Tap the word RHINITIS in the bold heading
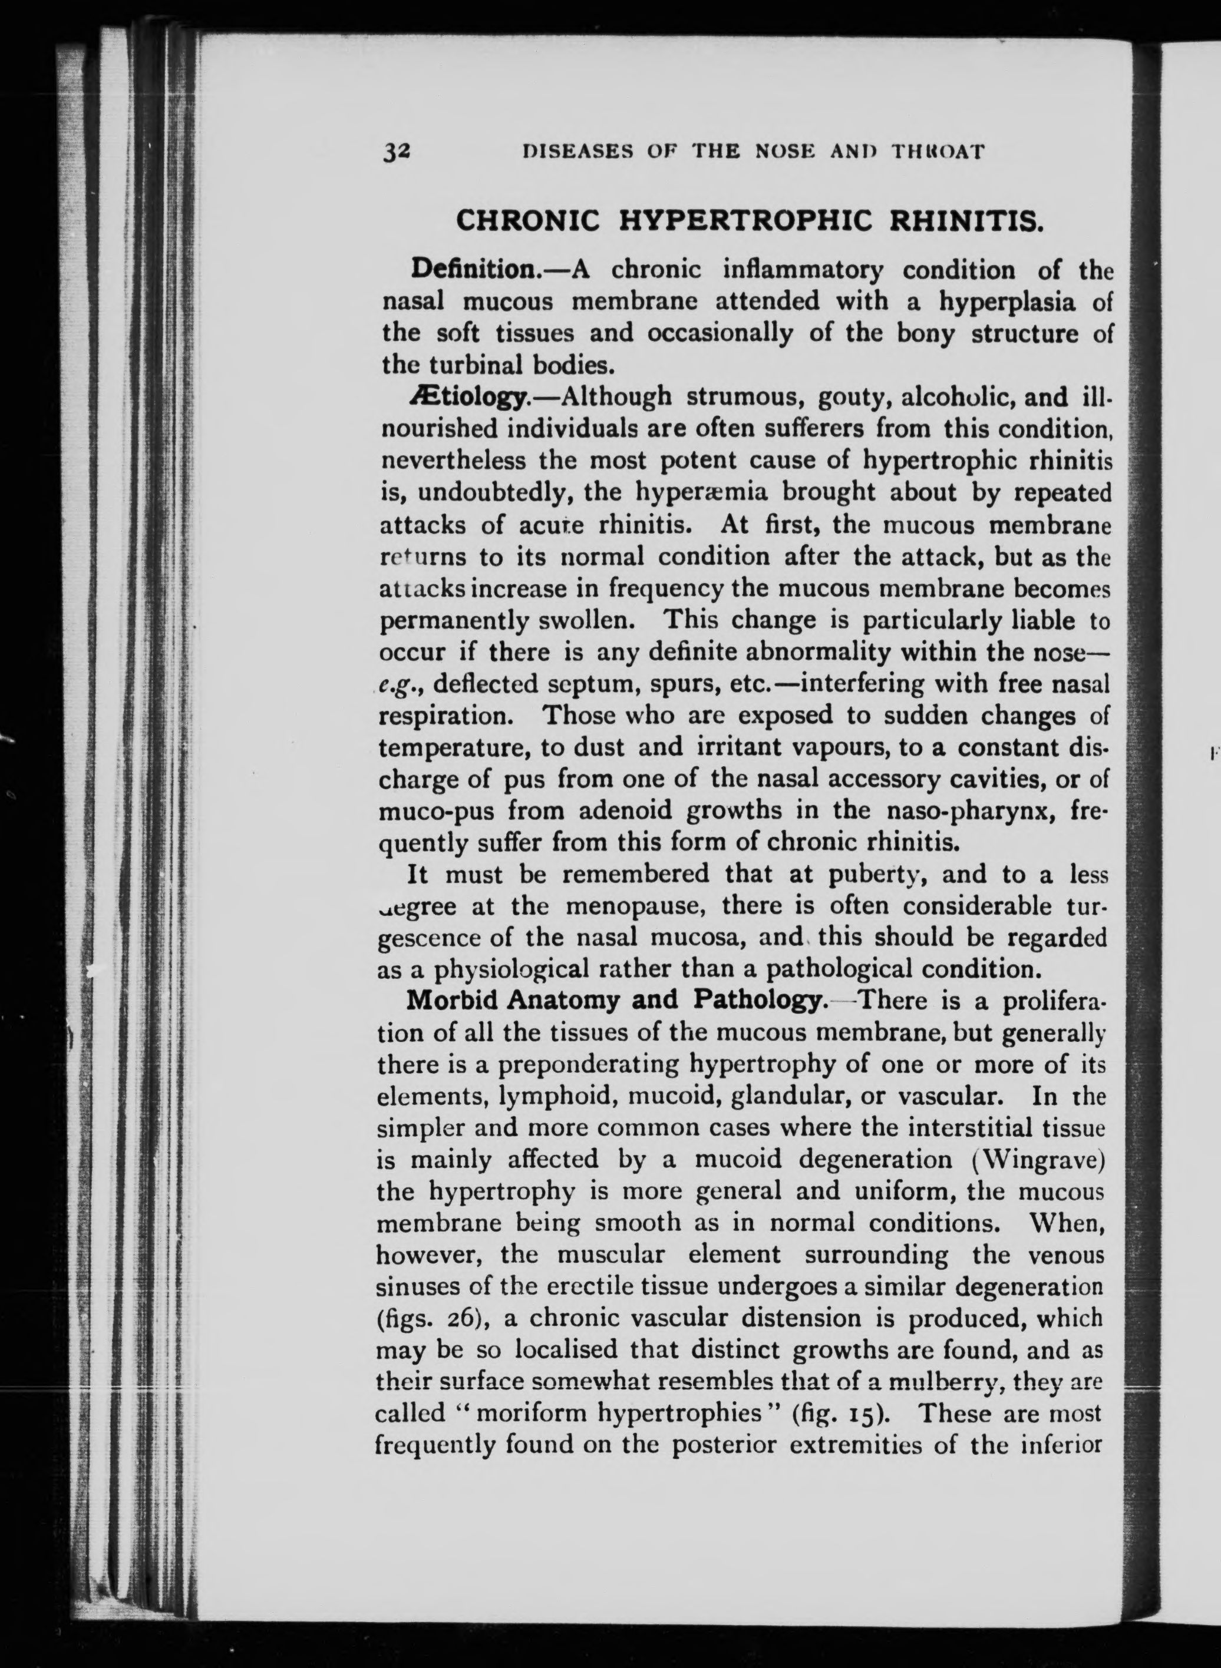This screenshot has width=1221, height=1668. pos(959,221)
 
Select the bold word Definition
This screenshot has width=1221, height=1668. pos(474,269)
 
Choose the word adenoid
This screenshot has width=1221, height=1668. pos(625,811)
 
